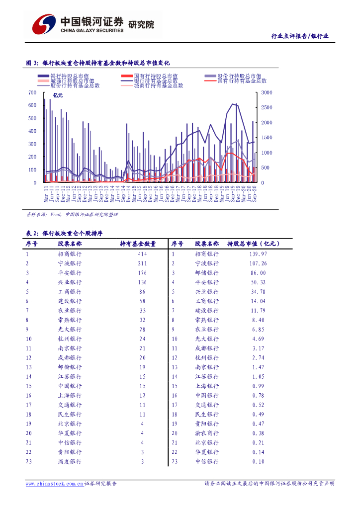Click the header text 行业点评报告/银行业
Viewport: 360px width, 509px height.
point(299,36)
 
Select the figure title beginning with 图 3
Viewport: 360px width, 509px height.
point(98,63)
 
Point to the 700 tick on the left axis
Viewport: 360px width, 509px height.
point(33,93)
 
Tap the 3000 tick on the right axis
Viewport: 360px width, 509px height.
point(267,93)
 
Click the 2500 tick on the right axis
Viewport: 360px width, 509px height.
point(267,108)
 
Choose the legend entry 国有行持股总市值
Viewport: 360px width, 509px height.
point(149,76)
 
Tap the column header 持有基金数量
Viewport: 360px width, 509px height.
point(138,244)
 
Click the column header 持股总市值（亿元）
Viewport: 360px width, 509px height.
point(254,244)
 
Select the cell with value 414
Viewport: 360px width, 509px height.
point(142,254)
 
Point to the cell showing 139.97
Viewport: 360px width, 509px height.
point(259,254)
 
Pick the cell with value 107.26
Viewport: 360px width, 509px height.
point(259,263)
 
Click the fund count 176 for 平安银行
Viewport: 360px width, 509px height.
point(142,273)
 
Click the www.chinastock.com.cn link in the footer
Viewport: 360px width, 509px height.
point(54,484)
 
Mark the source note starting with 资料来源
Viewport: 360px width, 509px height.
point(72,215)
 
